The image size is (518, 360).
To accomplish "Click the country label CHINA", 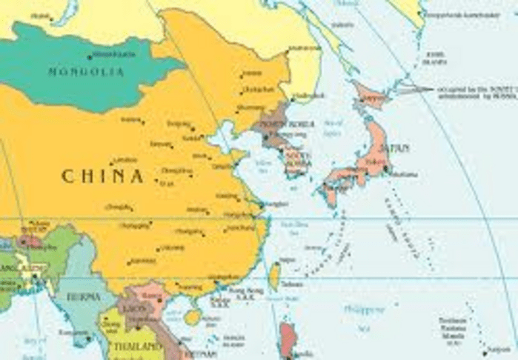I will pyautogui.click(x=102, y=176).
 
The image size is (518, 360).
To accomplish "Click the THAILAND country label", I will pyautogui.click(x=138, y=347).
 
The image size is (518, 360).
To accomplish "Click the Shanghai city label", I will pyautogui.click(x=276, y=203).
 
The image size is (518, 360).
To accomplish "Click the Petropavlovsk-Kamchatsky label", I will pyautogui.click(x=450, y=13).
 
